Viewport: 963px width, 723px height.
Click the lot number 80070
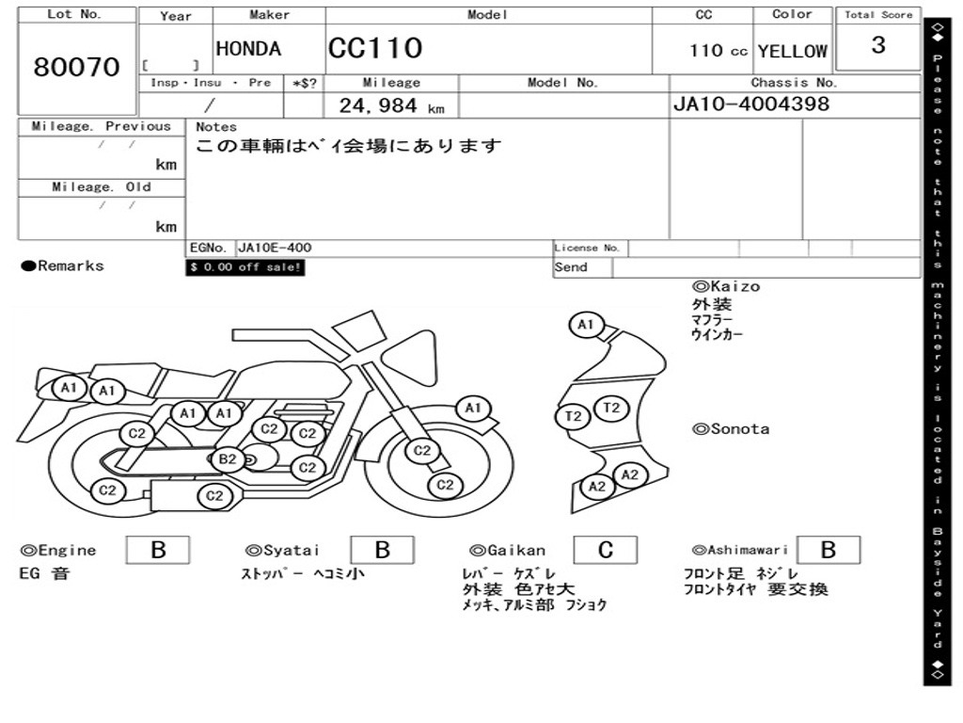77,67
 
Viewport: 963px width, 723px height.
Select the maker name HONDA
248,49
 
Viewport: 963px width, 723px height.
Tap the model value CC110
375,48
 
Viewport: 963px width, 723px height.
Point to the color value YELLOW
792,52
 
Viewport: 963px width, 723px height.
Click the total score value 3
877,45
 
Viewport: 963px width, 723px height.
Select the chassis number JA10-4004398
751,104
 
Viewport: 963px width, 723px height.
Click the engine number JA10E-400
276,249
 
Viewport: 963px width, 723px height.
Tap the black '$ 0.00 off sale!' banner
245,267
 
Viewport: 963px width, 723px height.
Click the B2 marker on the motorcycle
228,459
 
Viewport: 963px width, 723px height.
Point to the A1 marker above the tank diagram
586,326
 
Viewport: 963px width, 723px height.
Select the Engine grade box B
157,551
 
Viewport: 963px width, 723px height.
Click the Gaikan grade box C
605,551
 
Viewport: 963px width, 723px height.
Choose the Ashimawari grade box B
828,551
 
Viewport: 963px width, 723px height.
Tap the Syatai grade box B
382,551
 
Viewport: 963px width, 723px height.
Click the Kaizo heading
726,286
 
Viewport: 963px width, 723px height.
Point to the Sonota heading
731,429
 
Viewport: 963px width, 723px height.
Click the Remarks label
63,266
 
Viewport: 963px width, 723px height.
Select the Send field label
571,267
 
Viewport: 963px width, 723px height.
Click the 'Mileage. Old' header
102,187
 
